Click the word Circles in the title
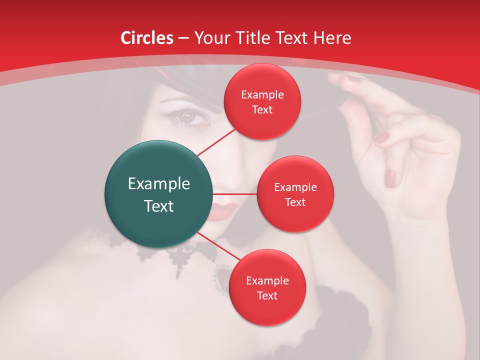[147, 38]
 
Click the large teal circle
[159, 194]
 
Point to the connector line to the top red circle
[216, 141]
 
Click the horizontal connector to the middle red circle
[235, 194]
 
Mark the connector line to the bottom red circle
[218, 246]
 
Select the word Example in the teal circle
[159, 184]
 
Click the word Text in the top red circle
[262, 110]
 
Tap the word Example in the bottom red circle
[267, 281]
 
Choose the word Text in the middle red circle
[295, 202]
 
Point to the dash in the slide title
[183, 38]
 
